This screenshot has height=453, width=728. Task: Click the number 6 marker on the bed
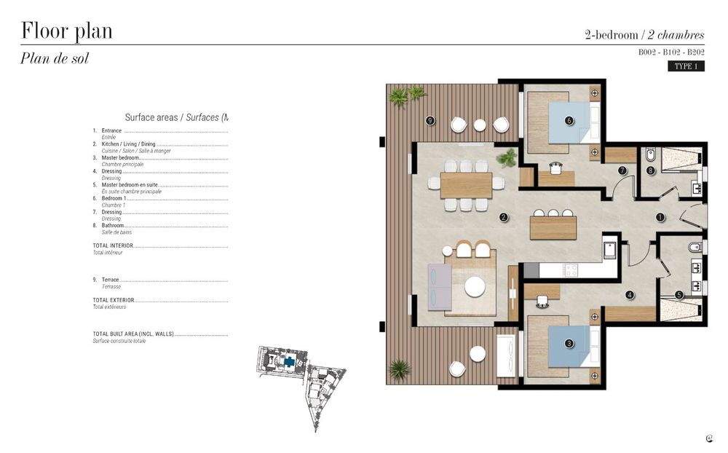(569, 120)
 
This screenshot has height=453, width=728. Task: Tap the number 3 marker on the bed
(569, 343)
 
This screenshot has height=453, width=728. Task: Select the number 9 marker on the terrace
(430, 120)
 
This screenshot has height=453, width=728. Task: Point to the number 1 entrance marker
(660, 216)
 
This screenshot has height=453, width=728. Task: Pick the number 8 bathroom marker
(650, 171)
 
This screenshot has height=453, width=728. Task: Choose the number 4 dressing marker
(630, 295)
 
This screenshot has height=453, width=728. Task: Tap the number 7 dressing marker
(622, 170)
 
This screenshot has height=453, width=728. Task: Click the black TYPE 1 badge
(686, 66)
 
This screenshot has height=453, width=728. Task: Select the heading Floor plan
(66, 31)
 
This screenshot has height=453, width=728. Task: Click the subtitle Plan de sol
(55, 59)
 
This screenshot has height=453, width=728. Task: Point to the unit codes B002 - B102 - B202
(671, 52)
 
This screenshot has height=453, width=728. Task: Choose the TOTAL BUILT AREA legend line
(134, 334)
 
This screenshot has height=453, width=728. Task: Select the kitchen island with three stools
(553, 227)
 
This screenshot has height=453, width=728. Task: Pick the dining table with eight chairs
(466, 185)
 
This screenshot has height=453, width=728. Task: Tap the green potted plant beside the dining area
(507, 157)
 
